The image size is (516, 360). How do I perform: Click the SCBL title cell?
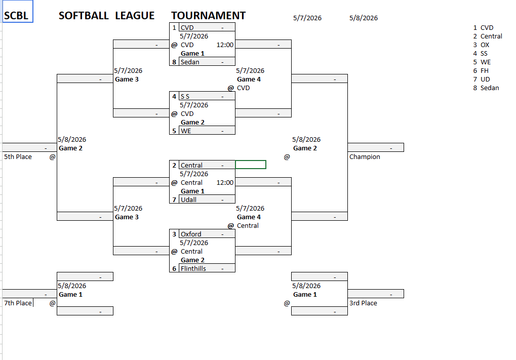coord(18,11)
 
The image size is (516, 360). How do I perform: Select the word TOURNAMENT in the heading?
coord(208,16)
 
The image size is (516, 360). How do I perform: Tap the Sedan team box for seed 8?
coord(207,62)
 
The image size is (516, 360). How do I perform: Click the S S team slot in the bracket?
coord(207,96)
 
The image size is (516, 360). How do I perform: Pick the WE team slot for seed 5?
coord(207,131)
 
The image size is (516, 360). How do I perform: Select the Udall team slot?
coord(207,199)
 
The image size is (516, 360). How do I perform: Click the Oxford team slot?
coord(207,233)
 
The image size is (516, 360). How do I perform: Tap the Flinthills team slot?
coord(207,268)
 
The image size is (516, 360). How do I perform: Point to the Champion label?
coord(365,156)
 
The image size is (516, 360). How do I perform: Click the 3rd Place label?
coord(363,303)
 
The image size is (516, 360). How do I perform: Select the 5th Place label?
coord(18,156)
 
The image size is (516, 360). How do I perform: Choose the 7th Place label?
coord(18,303)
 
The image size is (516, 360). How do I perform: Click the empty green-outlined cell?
coord(251,165)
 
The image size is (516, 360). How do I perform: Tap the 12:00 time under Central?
coord(225,183)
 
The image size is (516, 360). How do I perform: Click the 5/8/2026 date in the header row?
coord(364,18)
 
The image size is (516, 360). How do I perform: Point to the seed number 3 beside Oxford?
coord(174,234)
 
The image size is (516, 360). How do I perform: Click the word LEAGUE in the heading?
coord(135,16)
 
